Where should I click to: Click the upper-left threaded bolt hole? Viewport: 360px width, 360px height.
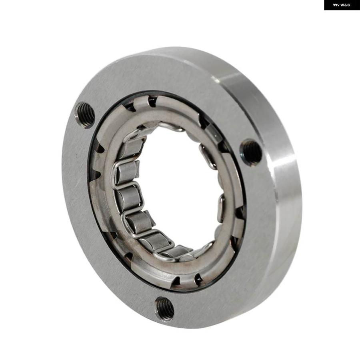point(85,115)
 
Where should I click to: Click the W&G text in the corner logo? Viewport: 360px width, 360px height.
point(345,5)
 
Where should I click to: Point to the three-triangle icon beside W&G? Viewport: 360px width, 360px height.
point(336,5)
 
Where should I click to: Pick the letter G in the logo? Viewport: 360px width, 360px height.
point(348,5)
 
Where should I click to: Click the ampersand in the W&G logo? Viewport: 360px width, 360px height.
point(346,5)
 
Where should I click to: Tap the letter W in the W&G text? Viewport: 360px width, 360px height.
point(342,5)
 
